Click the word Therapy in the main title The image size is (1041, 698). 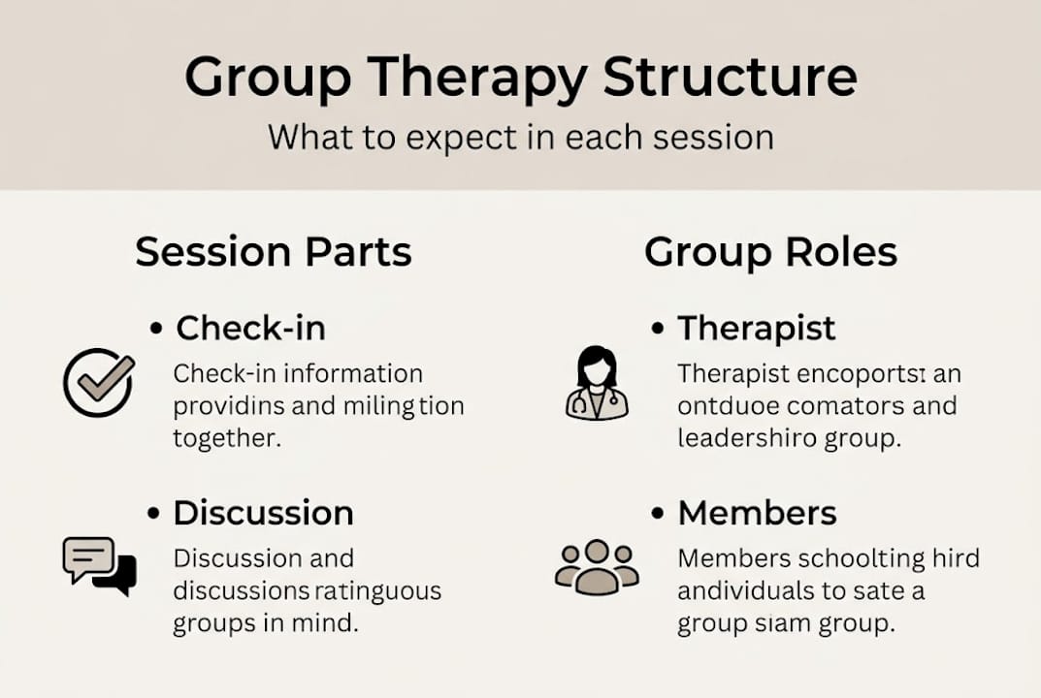point(469,78)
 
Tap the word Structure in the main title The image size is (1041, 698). point(730,78)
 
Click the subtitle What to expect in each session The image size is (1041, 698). point(520,137)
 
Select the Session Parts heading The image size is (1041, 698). point(274,252)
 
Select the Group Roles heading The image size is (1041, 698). point(770,252)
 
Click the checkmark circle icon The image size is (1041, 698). point(98,382)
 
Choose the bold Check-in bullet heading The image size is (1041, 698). point(250,328)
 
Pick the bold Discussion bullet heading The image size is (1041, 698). point(263,513)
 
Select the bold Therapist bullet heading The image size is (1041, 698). point(756,328)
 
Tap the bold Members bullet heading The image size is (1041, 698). point(757,513)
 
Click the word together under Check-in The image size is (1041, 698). point(227,438)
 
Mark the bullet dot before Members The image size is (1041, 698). point(659,514)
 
